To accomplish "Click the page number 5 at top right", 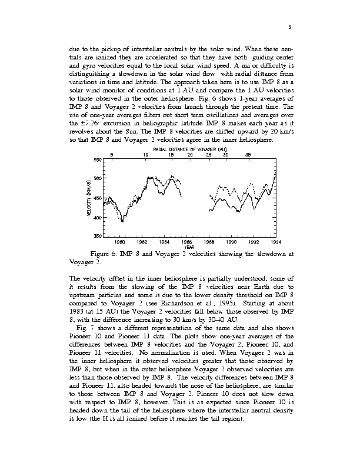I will [290, 26].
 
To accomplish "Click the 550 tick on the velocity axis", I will [98, 160].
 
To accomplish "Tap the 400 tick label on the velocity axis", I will [98, 218].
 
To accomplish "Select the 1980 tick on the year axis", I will [119, 242].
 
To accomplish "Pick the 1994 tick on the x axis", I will [276, 242].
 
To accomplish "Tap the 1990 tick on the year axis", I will [231, 242].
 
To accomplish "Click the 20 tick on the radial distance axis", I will [189, 155].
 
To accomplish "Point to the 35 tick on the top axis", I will [248, 155].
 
